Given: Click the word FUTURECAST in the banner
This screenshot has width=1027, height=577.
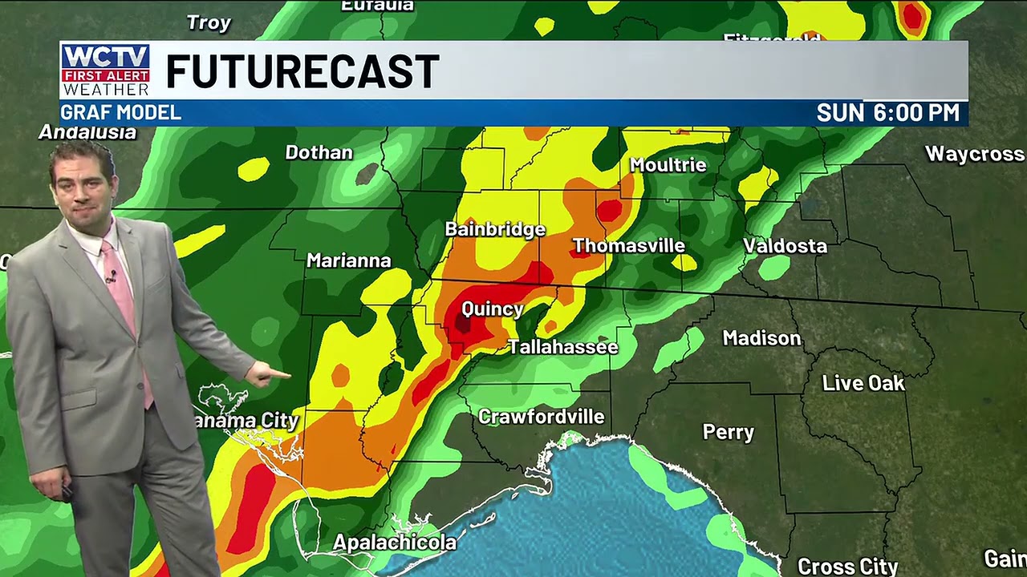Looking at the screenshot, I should click(302, 72).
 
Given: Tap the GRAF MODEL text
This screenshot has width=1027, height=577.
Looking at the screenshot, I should click(121, 113).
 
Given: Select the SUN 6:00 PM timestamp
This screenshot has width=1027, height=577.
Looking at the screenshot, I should click(887, 113).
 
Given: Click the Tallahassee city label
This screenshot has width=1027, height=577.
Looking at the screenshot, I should click(562, 347).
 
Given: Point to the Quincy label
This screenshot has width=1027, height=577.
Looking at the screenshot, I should click(493, 309).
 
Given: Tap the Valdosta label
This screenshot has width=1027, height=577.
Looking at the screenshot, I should click(785, 246).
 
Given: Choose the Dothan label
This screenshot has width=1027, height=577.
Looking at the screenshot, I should click(319, 152).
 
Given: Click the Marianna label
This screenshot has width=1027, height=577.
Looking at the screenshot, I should click(349, 260).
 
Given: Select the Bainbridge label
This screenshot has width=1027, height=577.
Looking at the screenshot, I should click(495, 229).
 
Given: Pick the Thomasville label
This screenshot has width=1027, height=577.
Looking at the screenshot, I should click(628, 246).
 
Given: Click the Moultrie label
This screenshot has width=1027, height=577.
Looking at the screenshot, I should click(668, 165).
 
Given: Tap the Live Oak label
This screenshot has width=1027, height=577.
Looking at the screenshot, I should click(863, 383).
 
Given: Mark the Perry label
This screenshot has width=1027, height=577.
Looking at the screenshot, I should click(729, 433).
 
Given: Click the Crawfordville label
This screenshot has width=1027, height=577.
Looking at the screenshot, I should click(541, 417).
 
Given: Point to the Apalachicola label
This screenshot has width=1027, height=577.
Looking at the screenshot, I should click(395, 543).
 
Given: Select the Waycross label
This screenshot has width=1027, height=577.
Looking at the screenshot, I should click(974, 154).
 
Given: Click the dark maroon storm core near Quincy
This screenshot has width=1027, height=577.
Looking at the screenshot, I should click(464, 323).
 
